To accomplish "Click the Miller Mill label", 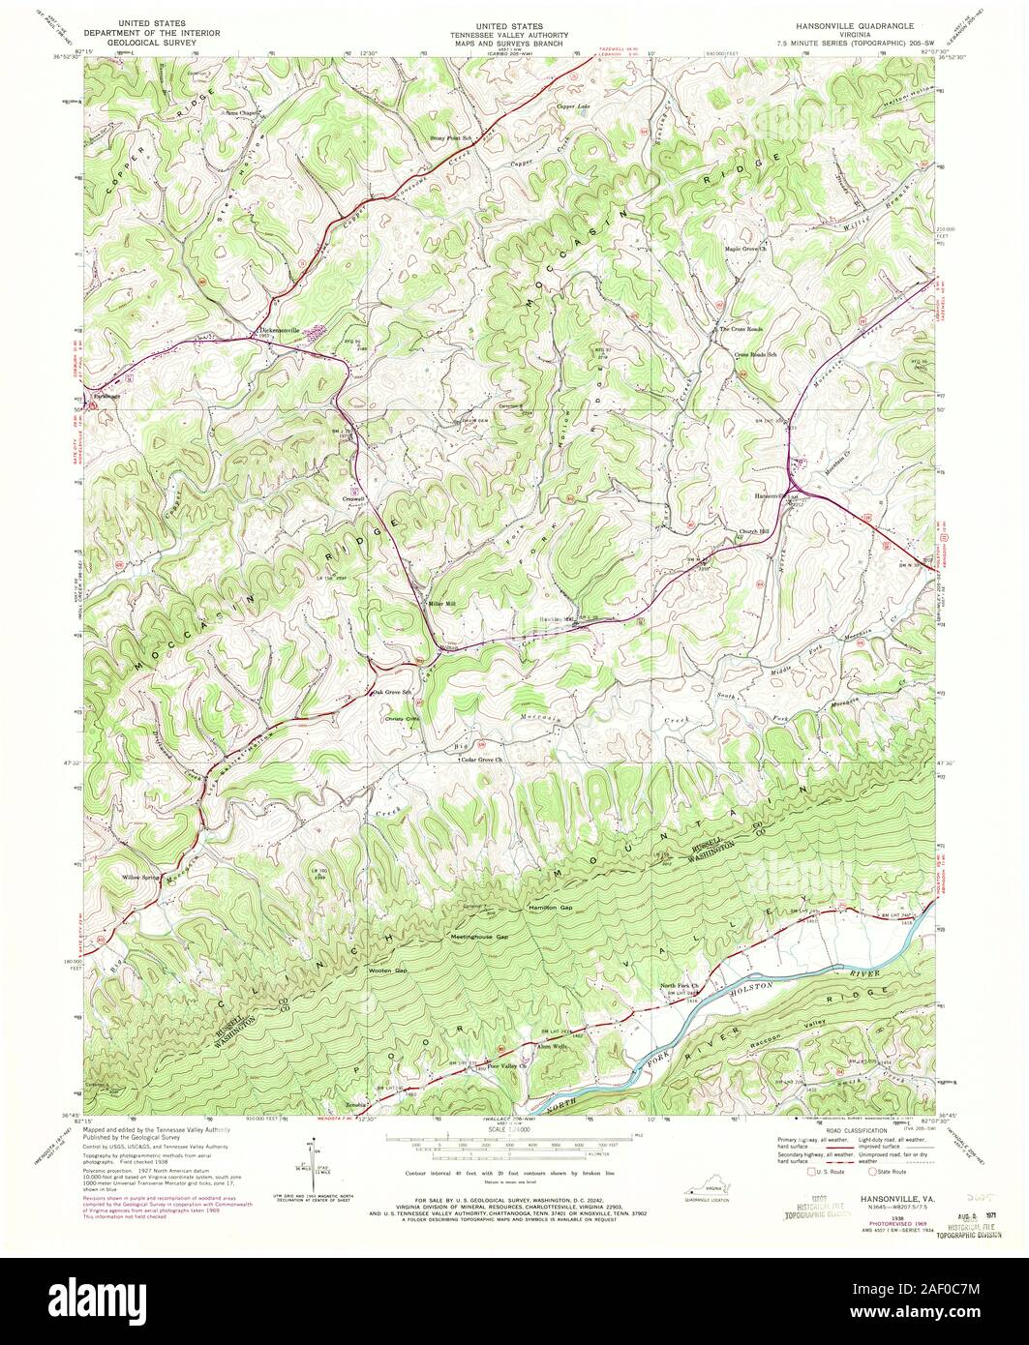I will coord(442,604).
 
